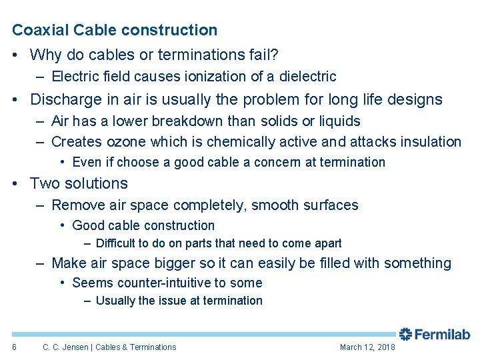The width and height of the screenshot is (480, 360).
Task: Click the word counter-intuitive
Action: coord(170,283)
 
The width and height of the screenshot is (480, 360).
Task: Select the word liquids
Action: coord(338,121)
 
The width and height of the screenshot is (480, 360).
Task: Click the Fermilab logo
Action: coord(434,334)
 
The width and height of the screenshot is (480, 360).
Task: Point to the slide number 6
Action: coord(14,347)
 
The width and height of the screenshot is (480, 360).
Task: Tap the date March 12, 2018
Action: coord(367,347)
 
